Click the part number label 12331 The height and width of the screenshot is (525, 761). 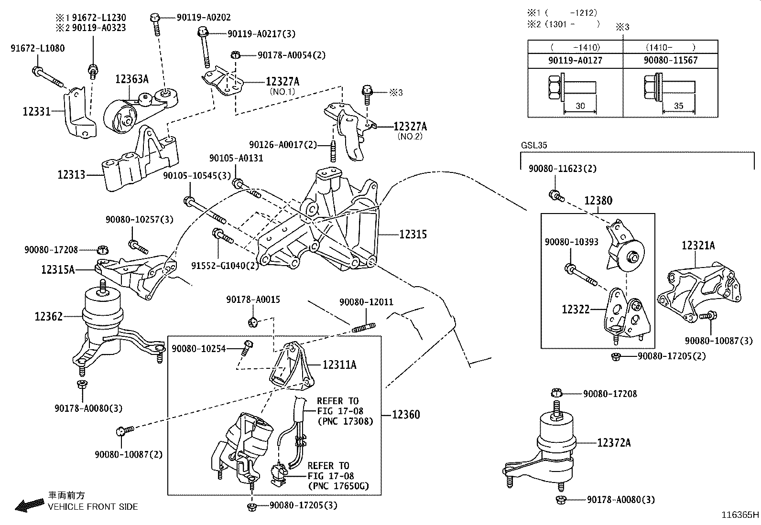(36, 112)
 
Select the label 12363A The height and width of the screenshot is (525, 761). (131, 79)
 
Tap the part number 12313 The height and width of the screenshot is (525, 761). (71, 175)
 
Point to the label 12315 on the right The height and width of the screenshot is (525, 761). (413, 235)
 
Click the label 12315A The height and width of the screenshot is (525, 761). (58, 270)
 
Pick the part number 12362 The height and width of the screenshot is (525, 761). (48, 316)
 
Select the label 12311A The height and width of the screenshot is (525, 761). (339, 365)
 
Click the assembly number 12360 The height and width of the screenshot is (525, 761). (406, 415)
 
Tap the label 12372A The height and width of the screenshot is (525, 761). (614, 443)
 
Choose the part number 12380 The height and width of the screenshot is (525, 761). (598, 201)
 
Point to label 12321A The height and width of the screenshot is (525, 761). (698, 246)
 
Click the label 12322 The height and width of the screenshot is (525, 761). (576, 310)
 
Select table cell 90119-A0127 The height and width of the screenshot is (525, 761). (575, 60)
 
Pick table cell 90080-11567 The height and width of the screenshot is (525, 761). (670, 60)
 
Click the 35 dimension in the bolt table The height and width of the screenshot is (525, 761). (678, 106)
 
